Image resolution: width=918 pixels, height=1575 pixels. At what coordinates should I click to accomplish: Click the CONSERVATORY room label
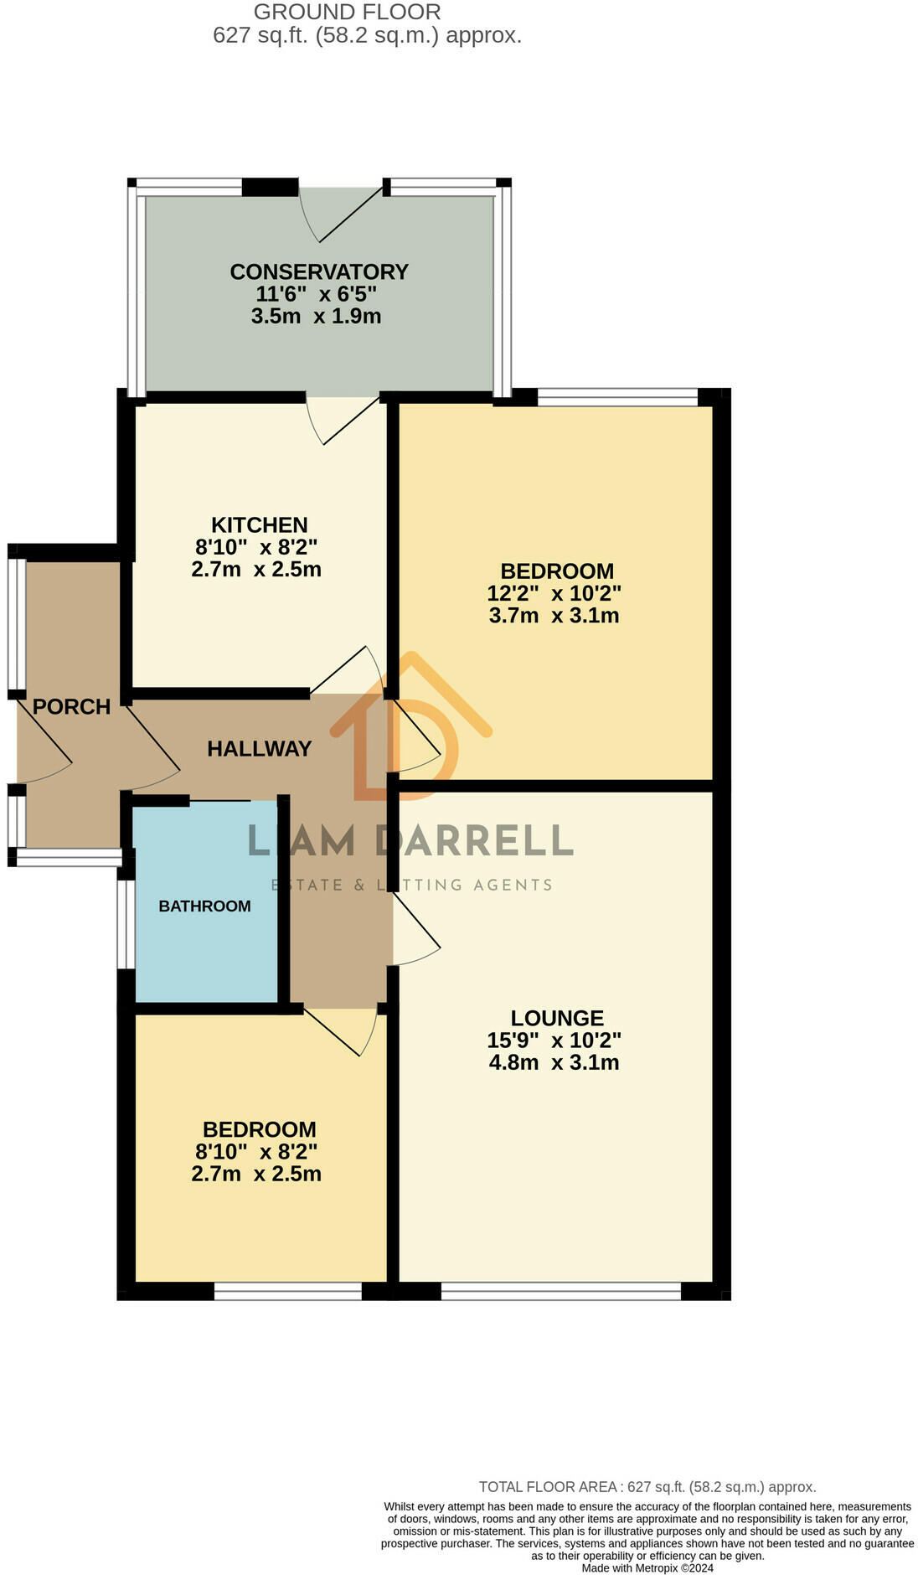[x=319, y=272]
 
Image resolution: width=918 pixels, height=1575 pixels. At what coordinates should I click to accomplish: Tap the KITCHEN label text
[x=259, y=525]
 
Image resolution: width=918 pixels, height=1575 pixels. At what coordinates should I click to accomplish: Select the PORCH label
[x=71, y=707]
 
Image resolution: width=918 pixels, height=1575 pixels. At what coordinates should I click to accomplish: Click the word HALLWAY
[x=259, y=749]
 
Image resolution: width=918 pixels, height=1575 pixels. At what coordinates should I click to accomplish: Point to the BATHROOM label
[x=204, y=906]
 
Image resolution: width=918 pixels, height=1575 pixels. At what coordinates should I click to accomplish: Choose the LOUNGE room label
[x=557, y=1018]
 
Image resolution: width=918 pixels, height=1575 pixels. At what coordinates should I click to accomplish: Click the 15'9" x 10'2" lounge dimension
[x=554, y=1041]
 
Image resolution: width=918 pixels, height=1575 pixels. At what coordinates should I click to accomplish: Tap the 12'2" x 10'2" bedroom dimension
[x=554, y=594]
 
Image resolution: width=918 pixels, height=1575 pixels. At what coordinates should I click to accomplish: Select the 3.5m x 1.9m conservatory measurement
[x=316, y=317]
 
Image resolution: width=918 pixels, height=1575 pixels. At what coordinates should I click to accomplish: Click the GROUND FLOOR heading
[x=347, y=13]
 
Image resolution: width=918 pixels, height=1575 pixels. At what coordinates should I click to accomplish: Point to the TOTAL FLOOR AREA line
[x=647, y=1487]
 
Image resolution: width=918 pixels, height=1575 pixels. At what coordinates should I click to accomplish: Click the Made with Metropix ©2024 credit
[x=647, y=1568]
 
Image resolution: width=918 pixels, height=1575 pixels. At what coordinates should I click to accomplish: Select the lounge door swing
[x=416, y=930]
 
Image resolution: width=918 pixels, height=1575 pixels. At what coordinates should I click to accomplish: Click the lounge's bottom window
[x=560, y=1292]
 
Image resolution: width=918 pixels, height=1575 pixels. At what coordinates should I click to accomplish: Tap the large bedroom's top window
[x=617, y=397]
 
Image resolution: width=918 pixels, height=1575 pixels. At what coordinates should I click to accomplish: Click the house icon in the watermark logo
[x=410, y=729]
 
